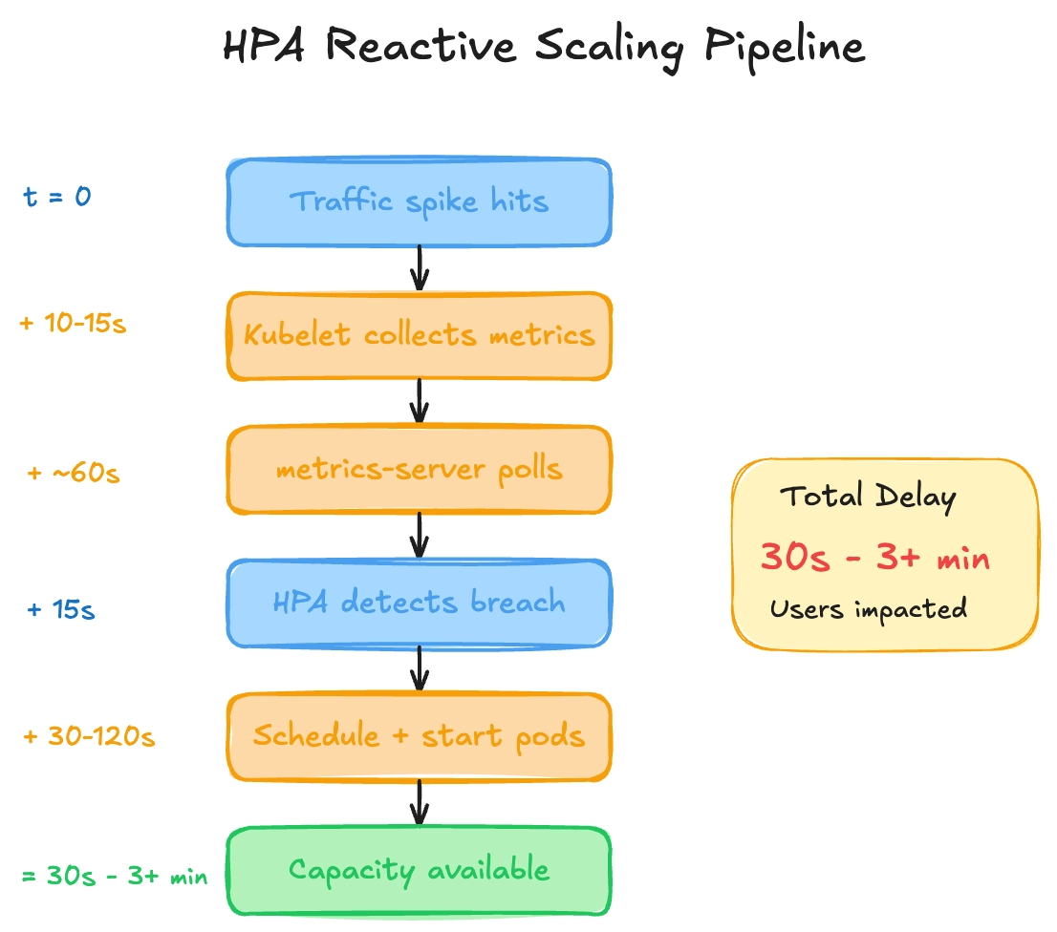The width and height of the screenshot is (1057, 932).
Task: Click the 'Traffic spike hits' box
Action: [x=419, y=202]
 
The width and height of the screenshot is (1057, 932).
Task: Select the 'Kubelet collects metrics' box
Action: [x=419, y=336]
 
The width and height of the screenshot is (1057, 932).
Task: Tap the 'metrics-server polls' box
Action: [x=419, y=470]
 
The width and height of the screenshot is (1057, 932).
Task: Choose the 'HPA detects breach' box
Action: [x=419, y=604]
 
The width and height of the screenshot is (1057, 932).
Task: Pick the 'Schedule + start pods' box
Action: [x=419, y=736]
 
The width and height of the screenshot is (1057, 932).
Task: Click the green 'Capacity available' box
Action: [x=419, y=871]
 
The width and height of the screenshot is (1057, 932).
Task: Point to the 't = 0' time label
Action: [x=57, y=197]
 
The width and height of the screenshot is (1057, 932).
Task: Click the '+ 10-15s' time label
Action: [x=73, y=323]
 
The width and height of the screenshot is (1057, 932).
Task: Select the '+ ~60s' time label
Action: [x=74, y=473]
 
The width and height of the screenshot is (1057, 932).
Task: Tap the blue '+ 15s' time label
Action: [x=60, y=609]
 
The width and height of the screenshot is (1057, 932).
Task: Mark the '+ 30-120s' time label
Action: [x=89, y=736]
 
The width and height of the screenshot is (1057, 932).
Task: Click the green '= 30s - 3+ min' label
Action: [x=115, y=876]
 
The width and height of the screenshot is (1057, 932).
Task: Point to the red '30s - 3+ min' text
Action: [x=875, y=557]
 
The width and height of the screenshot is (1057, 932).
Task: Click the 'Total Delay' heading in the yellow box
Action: [x=868, y=497]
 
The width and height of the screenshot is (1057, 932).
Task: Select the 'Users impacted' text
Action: [x=869, y=609]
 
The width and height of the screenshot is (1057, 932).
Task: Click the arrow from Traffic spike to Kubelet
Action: [x=420, y=268]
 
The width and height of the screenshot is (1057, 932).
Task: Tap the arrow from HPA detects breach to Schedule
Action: [x=420, y=668]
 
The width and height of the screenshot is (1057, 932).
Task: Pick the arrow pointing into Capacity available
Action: [x=420, y=803]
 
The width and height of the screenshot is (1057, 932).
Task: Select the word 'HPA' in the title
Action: [x=264, y=46]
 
